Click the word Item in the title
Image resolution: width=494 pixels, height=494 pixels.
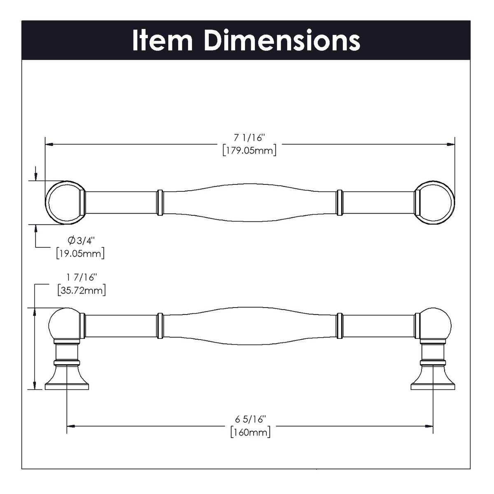(x=162, y=40)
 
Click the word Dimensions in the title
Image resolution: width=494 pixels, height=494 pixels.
(x=282, y=40)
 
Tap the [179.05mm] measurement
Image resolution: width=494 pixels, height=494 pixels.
(x=249, y=150)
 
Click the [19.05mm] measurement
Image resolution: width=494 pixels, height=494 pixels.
(x=80, y=253)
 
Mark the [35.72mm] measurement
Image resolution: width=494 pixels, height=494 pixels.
(x=82, y=291)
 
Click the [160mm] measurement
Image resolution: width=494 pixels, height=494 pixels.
(x=250, y=432)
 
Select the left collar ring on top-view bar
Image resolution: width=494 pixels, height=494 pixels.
(x=160, y=203)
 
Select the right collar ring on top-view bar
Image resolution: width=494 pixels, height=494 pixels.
(x=340, y=203)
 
